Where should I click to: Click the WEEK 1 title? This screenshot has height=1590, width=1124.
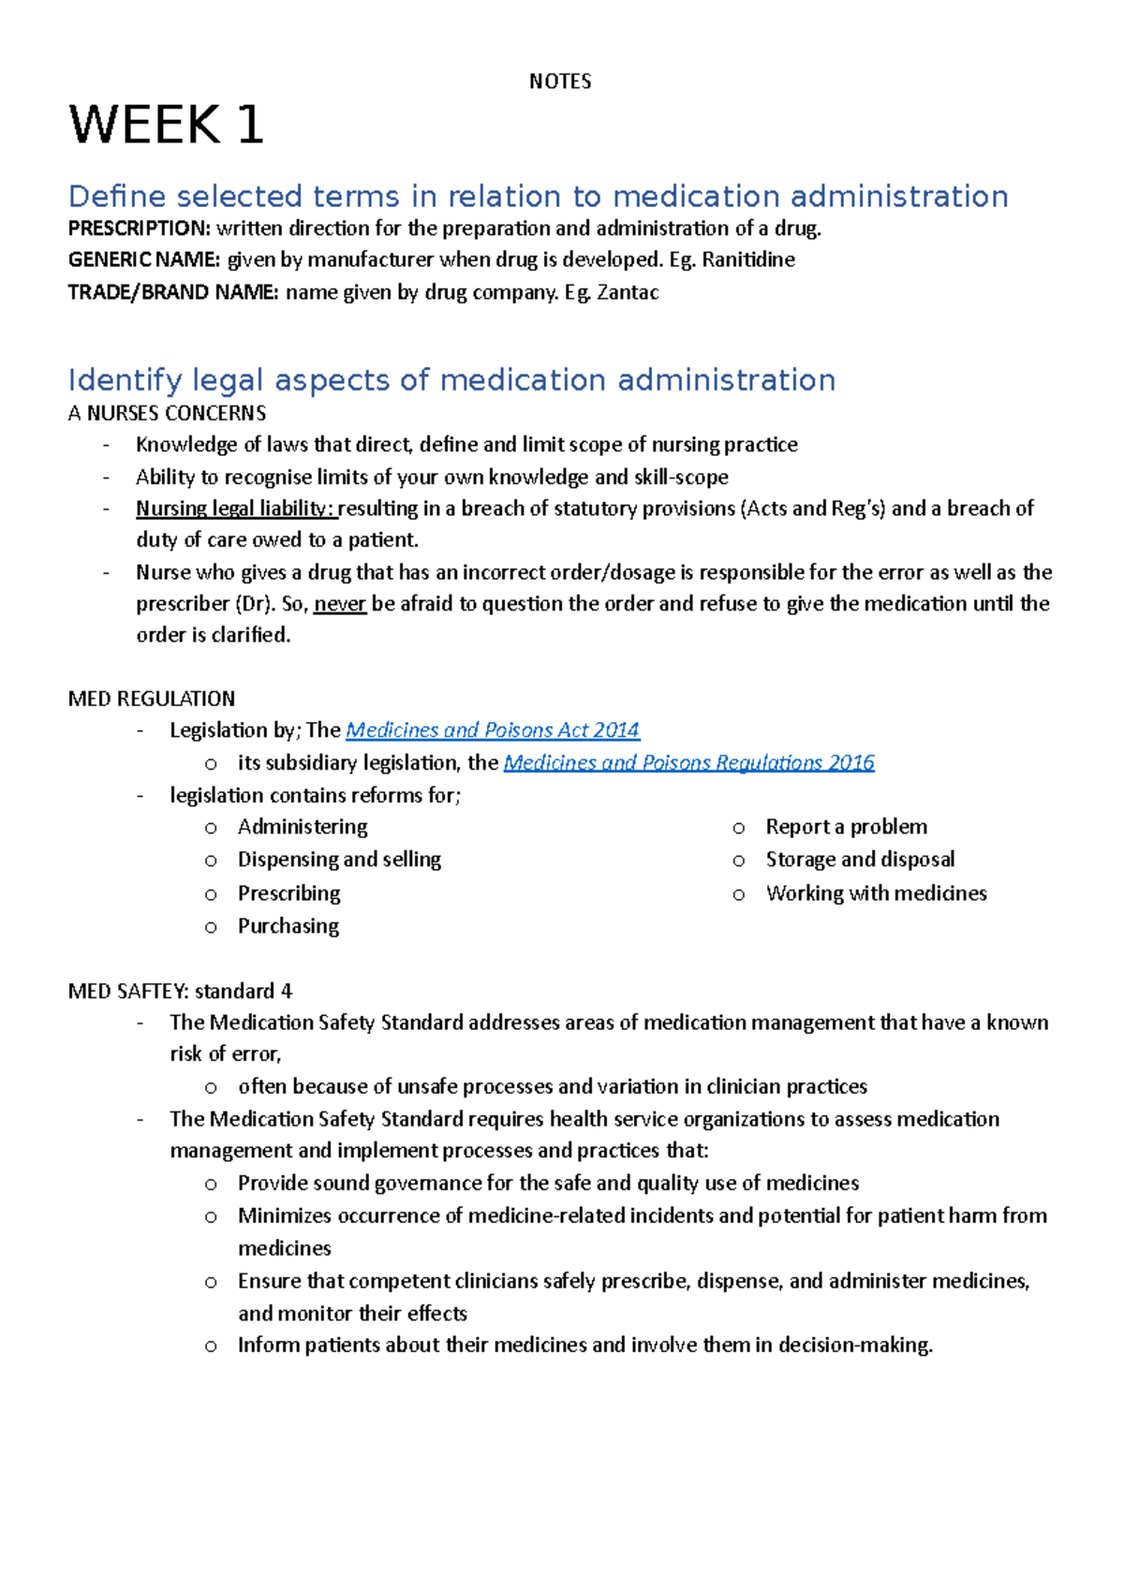tap(167, 125)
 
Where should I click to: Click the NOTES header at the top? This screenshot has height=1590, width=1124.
tap(560, 81)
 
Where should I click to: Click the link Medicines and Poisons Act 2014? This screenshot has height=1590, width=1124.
tap(493, 730)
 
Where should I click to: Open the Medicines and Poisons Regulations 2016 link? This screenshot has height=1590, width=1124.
tap(688, 763)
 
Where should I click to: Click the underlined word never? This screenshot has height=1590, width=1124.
tap(339, 604)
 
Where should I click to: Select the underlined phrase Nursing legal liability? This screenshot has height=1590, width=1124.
tap(235, 508)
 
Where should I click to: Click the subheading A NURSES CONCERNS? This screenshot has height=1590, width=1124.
tap(167, 413)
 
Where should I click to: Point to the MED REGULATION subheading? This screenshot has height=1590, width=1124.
tap(152, 699)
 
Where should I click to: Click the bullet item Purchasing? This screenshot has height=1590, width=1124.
tap(288, 926)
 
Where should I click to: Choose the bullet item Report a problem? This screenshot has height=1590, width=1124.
tap(847, 827)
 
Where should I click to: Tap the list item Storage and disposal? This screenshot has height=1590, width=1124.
tap(860, 860)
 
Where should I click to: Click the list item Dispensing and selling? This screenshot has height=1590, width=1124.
tap(339, 860)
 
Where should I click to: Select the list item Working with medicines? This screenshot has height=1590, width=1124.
tap(876, 893)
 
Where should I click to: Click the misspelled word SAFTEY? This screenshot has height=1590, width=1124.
tap(153, 991)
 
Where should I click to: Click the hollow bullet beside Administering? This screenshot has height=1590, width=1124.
tap(211, 828)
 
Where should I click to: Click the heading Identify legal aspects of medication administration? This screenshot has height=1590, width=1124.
tap(451, 380)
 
